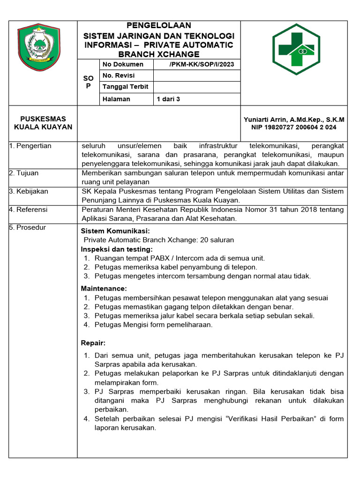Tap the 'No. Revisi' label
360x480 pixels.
[x=119, y=75]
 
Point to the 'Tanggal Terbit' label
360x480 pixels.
[x=126, y=87]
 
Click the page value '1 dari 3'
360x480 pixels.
[x=168, y=99]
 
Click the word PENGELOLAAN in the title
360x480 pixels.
[x=159, y=25]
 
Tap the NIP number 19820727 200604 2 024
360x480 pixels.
[x=294, y=127]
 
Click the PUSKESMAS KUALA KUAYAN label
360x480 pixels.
[x=43, y=123]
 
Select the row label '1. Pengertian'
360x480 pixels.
[x=30, y=146]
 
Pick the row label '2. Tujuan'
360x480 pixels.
[x=24, y=173]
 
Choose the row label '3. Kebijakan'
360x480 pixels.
[x=29, y=191]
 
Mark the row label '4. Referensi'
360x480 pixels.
[x=29, y=210]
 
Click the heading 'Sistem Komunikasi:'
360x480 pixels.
[x=115, y=231]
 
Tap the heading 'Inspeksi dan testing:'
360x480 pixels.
[x=117, y=249]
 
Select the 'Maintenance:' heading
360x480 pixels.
[x=104, y=289]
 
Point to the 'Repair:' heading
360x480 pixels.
[x=93, y=343]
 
